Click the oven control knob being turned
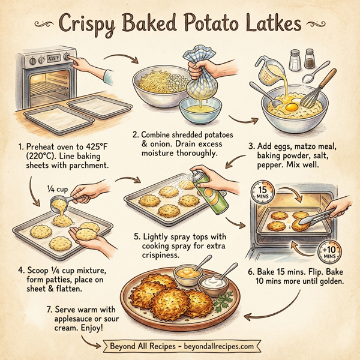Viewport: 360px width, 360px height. pos(67,60)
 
